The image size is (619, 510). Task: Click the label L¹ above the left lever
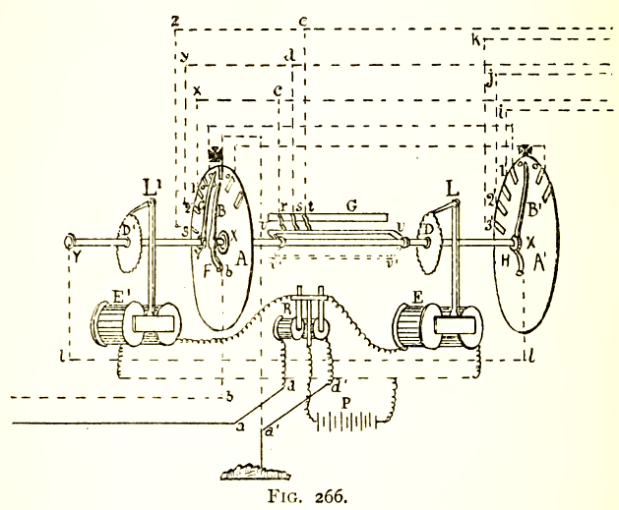[x=151, y=185]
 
